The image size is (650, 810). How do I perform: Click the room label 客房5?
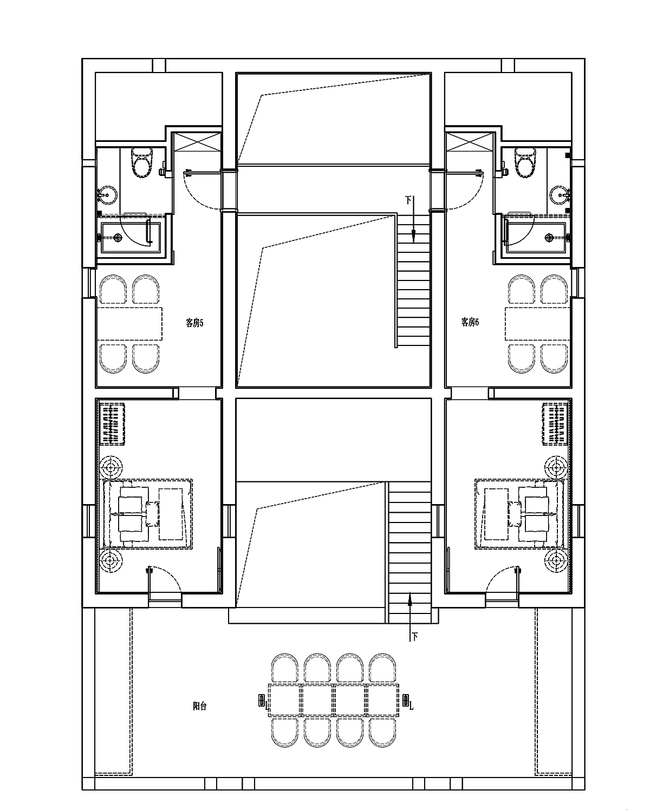[194, 323]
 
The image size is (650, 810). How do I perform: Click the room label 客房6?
[470, 322]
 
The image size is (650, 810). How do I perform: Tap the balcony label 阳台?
[200, 706]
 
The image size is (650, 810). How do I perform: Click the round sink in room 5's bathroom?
[107, 194]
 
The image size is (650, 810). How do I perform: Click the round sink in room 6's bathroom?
[559, 194]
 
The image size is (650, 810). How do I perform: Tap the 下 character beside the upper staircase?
[408, 200]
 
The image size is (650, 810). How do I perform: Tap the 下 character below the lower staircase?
[415, 637]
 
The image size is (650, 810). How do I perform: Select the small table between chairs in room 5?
[130, 324]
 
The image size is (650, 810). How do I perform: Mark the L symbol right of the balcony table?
[411, 706]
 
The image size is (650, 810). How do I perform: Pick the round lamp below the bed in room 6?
[555, 560]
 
